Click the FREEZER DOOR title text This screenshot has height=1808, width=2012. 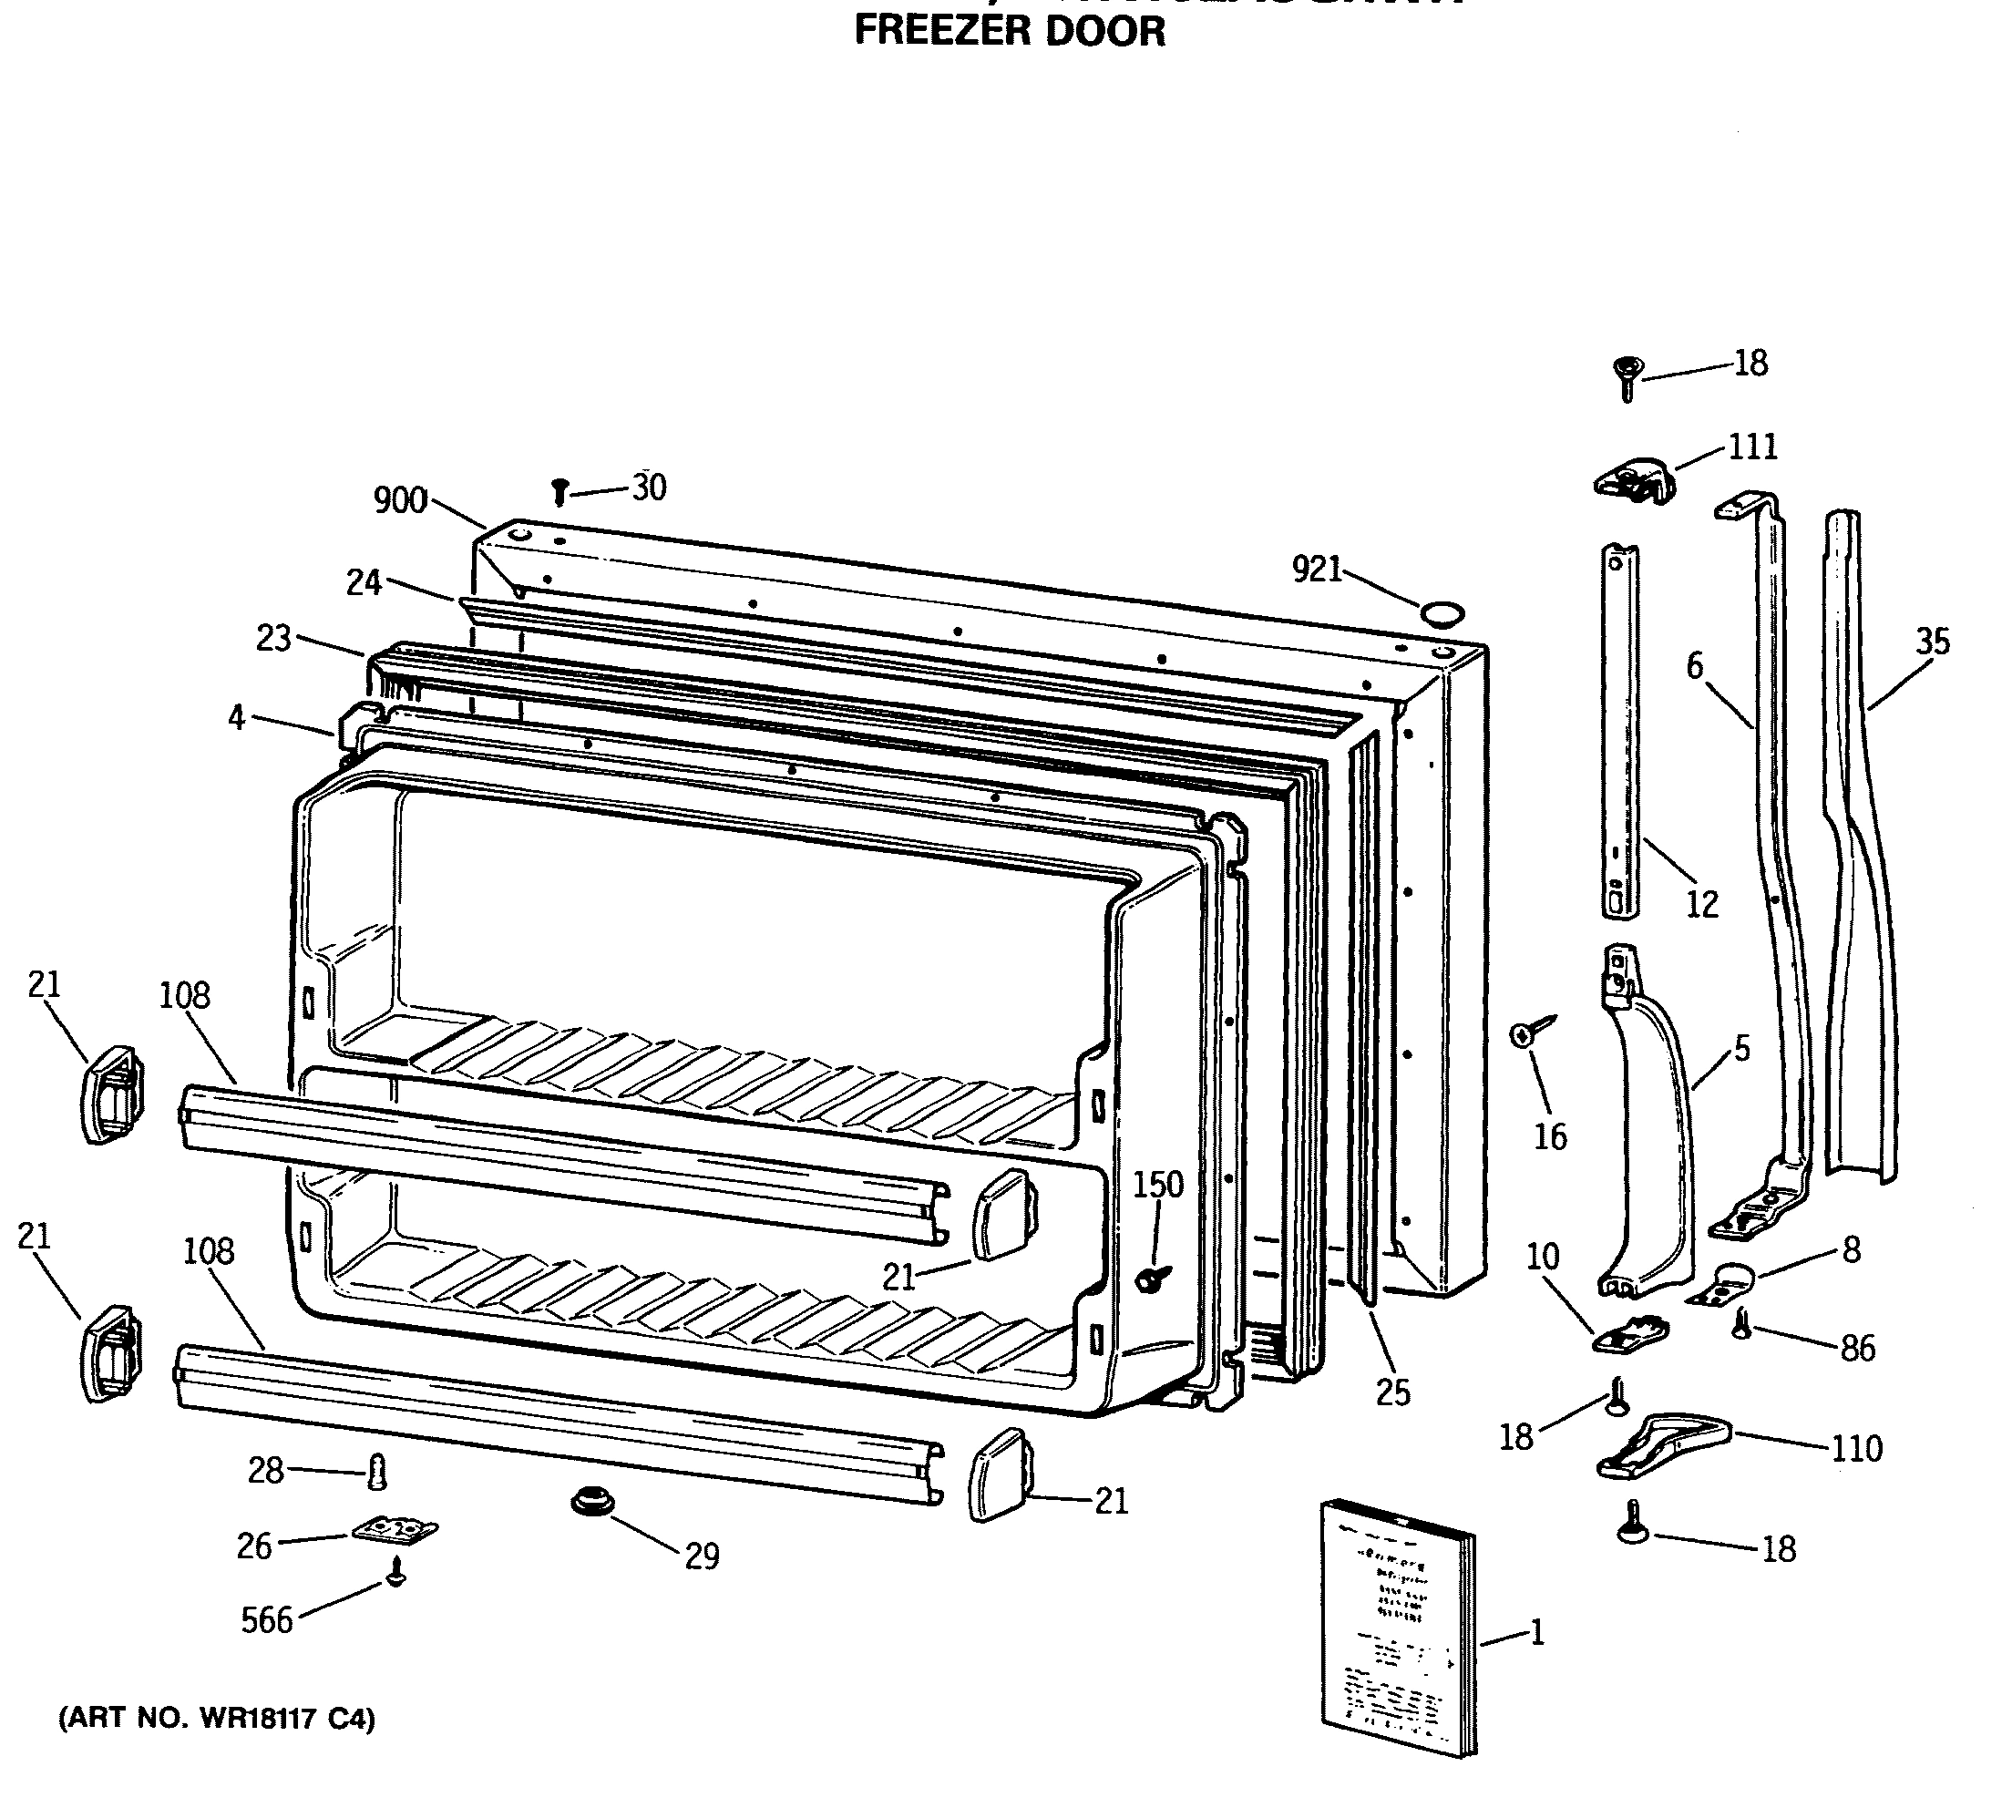pyautogui.click(x=1009, y=32)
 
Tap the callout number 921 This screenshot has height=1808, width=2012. pyautogui.click(x=1316, y=570)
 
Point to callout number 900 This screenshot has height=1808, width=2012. pyautogui.click(x=400, y=500)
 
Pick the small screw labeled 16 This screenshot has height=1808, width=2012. pyautogui.click(x=1530, y=1032)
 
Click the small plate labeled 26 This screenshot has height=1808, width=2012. pyautogui.click(x=395, y=1531)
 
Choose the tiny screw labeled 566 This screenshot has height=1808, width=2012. pyautogui.click(x=397, y=1573)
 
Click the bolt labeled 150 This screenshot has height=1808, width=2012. pyautogui.click(x=1154, y=1277)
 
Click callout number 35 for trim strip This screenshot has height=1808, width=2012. pyautogui.click(x=1932, y=642)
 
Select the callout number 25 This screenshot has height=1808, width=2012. pyautogui.click(x=1392, y=1392)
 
